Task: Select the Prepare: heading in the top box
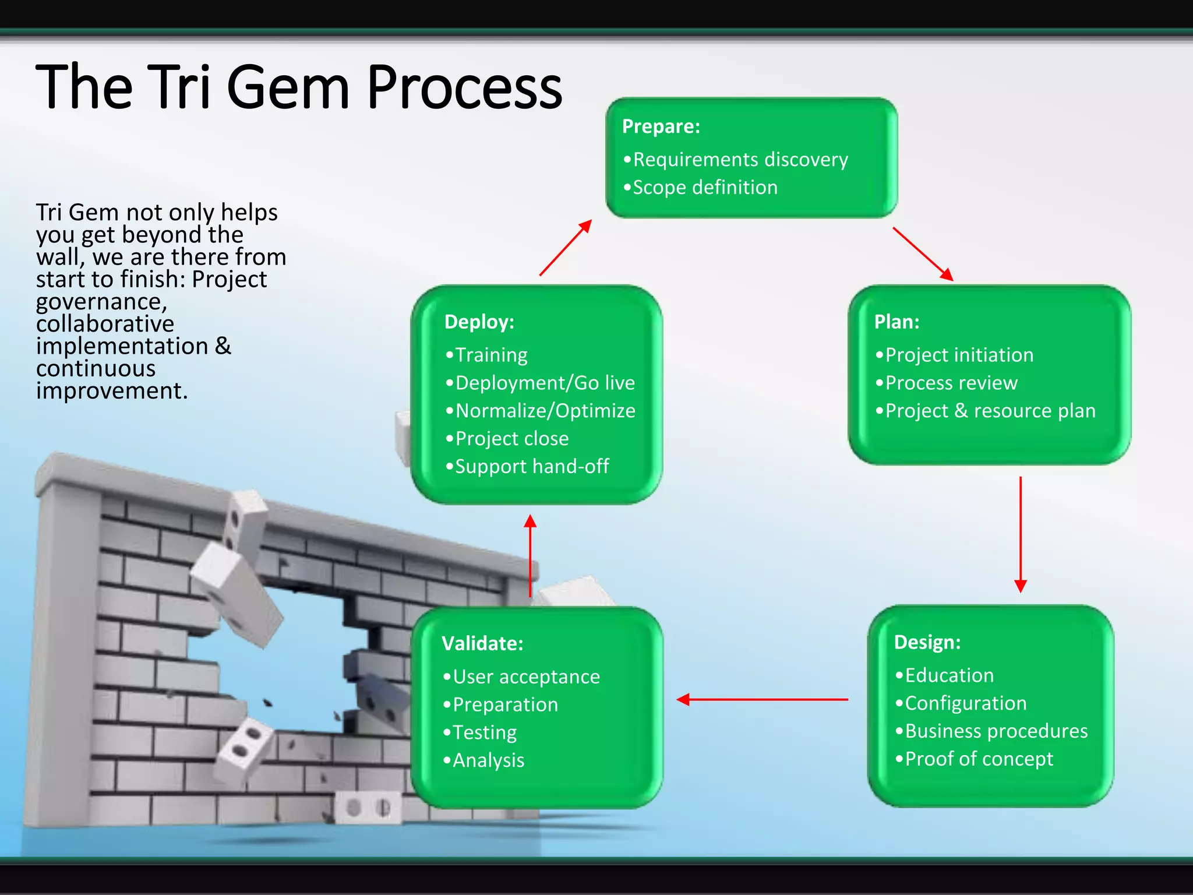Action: click(x=661, y=126)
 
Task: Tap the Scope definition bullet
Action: click(x=704, y=188)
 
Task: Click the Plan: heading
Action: click(x=896, y=322)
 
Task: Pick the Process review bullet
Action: click(x=951, y=383)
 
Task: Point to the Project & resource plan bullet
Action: click(x=990, y=411)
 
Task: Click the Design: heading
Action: click(x=927, y=642)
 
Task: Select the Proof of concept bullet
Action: click(x=979, y=759)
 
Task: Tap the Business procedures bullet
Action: click(x=996, y=731)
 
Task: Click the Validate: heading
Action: click(x=482, y=643)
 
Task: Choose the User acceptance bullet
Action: click(x=525, y=676)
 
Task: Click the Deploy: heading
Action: click(x=479, y=322)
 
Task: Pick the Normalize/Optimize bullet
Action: click(x=545, y=411)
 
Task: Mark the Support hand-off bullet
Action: click(x=531, y=467)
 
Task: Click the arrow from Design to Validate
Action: click(x=763, y=699)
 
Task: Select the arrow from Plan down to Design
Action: click(x=1021, y=534)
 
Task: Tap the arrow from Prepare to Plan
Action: click(x=923, y=254)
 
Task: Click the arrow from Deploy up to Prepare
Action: click(x=566, y=248)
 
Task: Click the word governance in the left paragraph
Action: click(x=100, y=302)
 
